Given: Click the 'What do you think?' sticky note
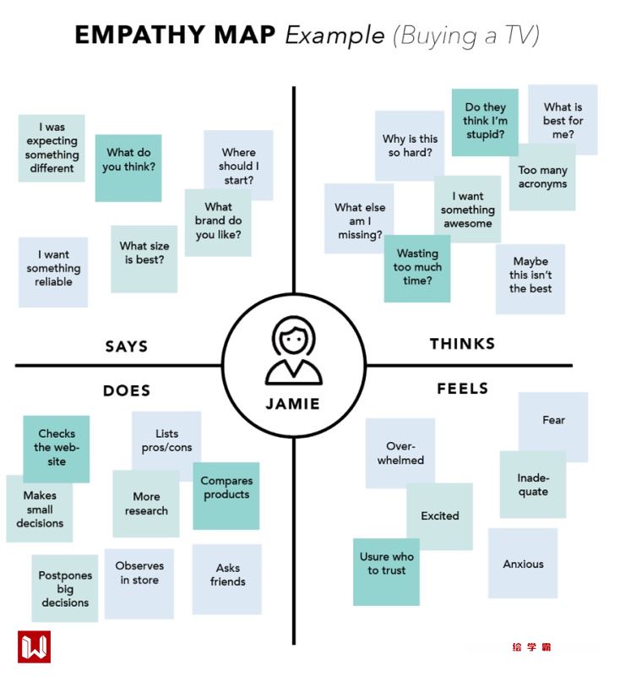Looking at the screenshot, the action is tap(128, 168).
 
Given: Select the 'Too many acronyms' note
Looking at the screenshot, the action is tap(542, 177).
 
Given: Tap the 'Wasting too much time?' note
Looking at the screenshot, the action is tap(417, 268).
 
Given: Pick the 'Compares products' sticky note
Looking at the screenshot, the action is tap(226, 496).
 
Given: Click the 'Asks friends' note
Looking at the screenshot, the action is tap(226, 579).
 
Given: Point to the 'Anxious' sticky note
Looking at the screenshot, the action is tap(523, 563).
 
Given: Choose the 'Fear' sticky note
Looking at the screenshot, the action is tap(553, 428).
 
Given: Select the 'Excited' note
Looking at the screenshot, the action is tap(439, 516).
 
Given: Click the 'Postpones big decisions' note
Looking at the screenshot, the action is tap(65, 588).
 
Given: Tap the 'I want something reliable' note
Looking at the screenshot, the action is tap(53, 272).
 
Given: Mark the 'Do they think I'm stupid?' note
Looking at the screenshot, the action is tap(485, 123).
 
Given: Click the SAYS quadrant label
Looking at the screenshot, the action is tap(126, 346).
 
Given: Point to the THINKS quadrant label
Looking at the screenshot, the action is tap(462, 344).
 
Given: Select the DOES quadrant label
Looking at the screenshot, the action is tap(127, 390).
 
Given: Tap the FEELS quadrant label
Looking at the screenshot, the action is tap(463, 389).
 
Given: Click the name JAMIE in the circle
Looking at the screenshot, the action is tap(293, 404).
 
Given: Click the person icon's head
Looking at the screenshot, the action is tap(293, 336).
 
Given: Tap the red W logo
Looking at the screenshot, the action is tap(34, 646).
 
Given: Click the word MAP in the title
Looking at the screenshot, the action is tap(244, 35).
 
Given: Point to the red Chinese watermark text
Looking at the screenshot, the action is tap(531, 646).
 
